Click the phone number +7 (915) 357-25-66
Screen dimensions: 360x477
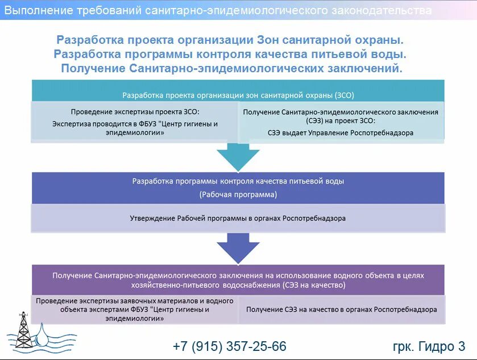coord(230,346)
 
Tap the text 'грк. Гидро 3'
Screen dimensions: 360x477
coord(429,346)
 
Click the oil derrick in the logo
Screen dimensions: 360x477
coord(23,330)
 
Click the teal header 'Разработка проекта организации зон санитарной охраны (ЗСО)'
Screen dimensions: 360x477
coord(238,95)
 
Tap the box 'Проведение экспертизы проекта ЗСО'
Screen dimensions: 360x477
coord(135,122)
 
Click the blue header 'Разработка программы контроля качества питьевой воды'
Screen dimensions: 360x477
coord(238,181)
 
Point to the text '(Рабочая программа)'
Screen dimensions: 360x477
coord(238,195)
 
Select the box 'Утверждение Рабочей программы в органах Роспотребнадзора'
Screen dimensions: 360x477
coord(238,218)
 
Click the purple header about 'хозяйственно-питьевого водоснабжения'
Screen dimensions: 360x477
coord(238,280)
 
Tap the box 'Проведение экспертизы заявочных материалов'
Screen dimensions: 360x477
coord(135,309)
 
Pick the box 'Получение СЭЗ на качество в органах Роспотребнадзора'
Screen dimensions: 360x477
coord(341,309)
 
